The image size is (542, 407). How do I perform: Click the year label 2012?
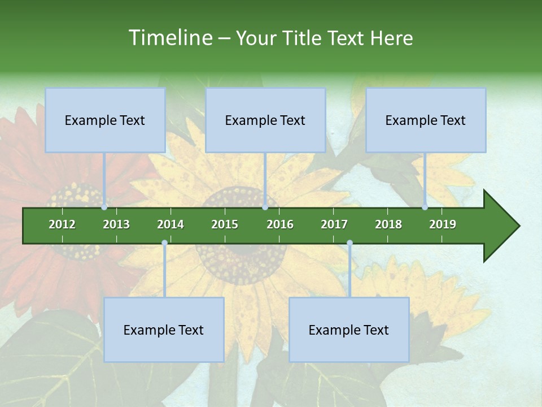pyautogui.click(x=62, y=224)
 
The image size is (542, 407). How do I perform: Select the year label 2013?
pyautogui.click(x=116, y=224)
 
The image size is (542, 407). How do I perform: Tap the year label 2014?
pyautogui.click(x=171, y=224)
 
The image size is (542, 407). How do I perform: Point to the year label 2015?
pyautogui.click(x=225, y=224)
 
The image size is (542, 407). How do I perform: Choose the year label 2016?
pyautogui.click(x=280, y=224)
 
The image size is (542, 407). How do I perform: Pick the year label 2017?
pyautogui.click(x=334, y=224)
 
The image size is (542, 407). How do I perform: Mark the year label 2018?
pyautogui.click(x=388, y=224)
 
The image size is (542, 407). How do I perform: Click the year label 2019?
pyautogui.click(x=443, y=224)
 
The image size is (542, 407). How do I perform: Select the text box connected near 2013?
pyautogui.click(x=105, y=120)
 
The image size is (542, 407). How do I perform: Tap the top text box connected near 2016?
pyautogui.click(x=265, y=120)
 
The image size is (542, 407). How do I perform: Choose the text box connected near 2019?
pyautogui.click(x=426, y=120)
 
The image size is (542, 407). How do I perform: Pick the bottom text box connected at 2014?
pyautogui.click(x=164, y=330)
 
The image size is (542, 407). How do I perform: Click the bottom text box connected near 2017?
pyautogui.click(x=349, y=330)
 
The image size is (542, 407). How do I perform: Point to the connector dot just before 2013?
pyautogui.click(x=104, y=207)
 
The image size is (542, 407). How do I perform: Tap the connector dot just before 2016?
pyautogui.click(x=265, y=207)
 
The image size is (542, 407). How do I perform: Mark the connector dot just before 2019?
pyautogui.click(x=425, y=207)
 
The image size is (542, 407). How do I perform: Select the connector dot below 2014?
pyautogui.click(x=164, y=243)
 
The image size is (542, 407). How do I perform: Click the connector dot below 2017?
pyautogui.click(x=349, y=243)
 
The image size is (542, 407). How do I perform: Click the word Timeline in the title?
pyautogui.click(x=169, y=38)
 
